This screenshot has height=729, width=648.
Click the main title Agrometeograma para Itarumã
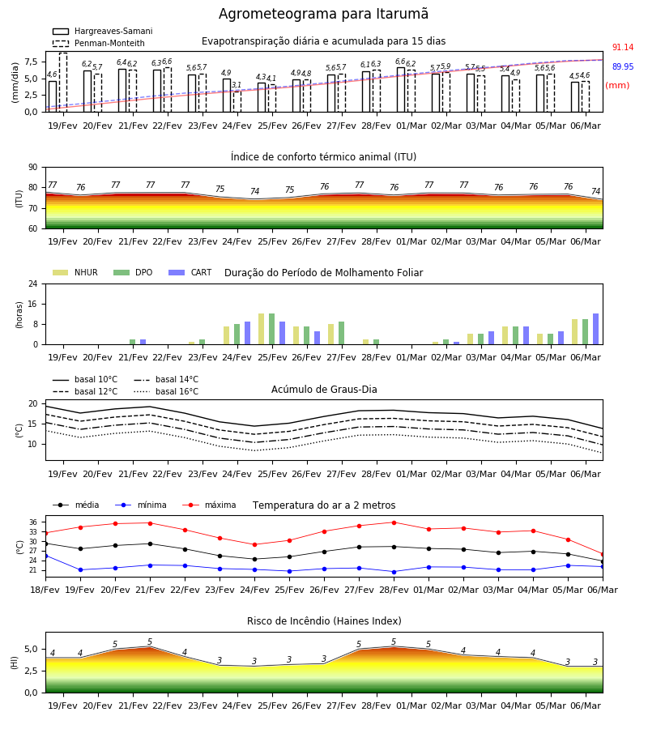pos(323,14)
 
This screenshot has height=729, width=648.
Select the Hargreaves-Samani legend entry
pos(103,31)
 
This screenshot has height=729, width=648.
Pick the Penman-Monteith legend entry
pos(99,43)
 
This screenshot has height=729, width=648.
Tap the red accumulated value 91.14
pos(623,48)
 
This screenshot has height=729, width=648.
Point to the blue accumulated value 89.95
pos(623,66)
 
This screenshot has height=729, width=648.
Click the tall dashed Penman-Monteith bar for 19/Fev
pos(63,83)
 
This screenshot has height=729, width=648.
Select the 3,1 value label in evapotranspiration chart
pos(237,84)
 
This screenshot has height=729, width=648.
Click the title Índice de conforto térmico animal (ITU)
pos(323,156)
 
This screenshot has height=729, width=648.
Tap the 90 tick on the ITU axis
pos(33,168)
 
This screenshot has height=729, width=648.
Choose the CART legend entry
pos(190,272)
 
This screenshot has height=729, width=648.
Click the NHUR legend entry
pos(75,272)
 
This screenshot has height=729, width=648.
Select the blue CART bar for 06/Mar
pos(596,329)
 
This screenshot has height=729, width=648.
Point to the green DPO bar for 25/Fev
pos(272,329)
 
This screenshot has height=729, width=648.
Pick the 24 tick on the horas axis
pos(33,283)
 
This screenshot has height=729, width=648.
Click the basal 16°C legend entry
pos(166,391)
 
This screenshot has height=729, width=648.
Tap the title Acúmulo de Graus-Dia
pos(324,389)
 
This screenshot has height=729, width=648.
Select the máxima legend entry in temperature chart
pos(209,505)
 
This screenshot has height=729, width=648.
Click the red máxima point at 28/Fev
pos(394,522)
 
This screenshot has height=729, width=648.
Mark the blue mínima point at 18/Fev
pos(46,556)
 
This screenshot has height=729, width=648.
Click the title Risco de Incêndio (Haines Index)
pos(324,621)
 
